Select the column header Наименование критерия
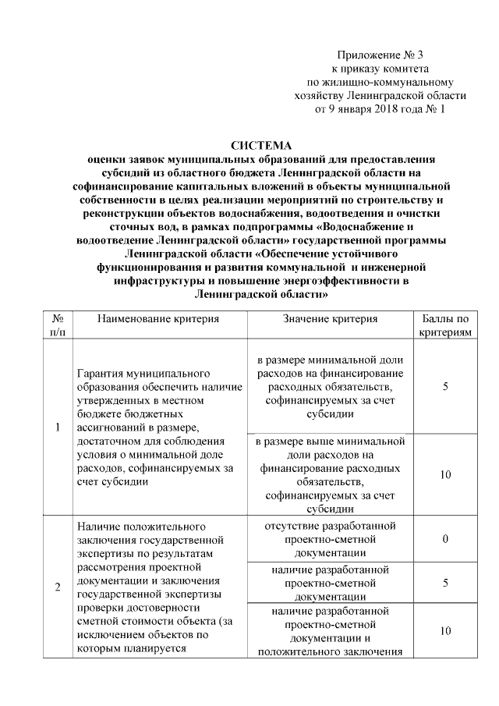(158, 319)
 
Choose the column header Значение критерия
(330, 319)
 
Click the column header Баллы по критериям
(444, 325)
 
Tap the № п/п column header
(57, 325)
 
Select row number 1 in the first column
(57, 428)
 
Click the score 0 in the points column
(444, 538)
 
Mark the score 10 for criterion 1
(444, 474)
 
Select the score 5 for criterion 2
(444, 583)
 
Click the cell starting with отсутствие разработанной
(330, 538)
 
